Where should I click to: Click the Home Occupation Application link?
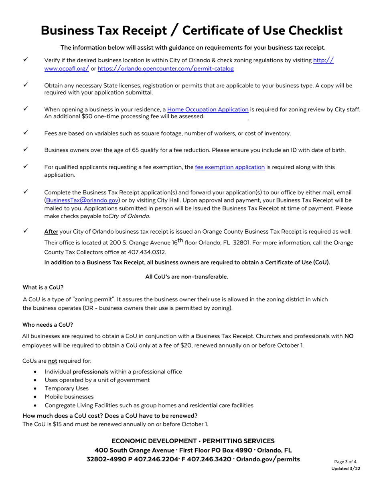(x=208, y=109)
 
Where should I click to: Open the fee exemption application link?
(x=229, y=167)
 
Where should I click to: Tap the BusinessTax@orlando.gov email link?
(x=82, y=200)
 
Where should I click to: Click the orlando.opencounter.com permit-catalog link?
(x=165, y=69)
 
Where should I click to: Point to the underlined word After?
(x=51, y=232)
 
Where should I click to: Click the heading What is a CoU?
(x=43, y=287)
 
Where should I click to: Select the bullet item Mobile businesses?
(x=69, y=397)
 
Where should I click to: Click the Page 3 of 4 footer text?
(x=345, y=462)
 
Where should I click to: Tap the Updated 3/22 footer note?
(x=345, y=469)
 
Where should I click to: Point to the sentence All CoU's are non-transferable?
(x=186, y=277)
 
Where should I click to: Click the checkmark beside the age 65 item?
(x=25, y=149)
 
